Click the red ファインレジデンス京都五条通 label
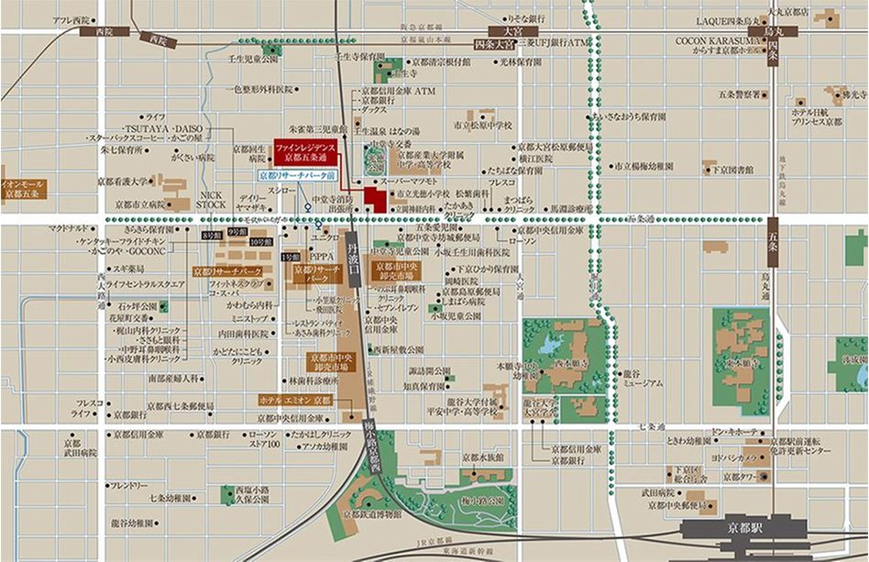pyautogui.click(x=304, y=151)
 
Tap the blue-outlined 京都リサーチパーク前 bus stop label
pyautogui.click(x=298, y=174)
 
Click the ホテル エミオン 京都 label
pyautogui.click(x=296, y=401)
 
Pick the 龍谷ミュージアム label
pyautogui.click(x=642, y=379)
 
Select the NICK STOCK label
pyautogui.click(x=211, y=200)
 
